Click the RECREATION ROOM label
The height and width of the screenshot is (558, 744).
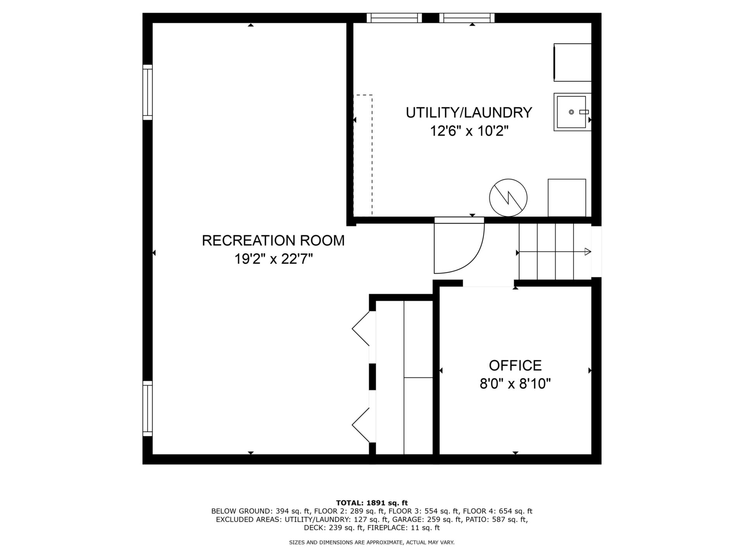coord(273,241)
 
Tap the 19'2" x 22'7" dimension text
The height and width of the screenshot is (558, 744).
coord(273,259)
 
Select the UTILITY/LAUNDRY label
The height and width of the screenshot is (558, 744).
coord(469,113)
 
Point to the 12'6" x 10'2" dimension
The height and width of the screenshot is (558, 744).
coord(469,131)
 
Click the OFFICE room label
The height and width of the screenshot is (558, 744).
coord(515,365)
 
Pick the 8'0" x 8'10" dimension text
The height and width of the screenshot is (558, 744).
coord(515,384)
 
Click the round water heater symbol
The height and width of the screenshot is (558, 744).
coord(508,198)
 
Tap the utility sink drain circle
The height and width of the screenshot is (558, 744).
coord(571,112)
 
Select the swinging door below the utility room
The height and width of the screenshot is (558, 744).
coord(459,248)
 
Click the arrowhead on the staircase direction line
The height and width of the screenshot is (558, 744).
coord(588,252)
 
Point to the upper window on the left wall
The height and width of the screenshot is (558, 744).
coord(148,92)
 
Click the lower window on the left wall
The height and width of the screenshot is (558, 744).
coord(148,408)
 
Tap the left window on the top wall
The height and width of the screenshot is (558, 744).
coord(394,18)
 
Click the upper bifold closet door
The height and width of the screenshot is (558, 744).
coord(361,329)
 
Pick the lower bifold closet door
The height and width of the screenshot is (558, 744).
coord(361,425)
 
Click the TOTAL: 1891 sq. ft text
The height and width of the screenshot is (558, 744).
coord(372,503)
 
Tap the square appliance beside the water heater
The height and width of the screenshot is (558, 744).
coord(567,198)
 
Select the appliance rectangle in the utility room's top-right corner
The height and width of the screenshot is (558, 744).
coord(573,62)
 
